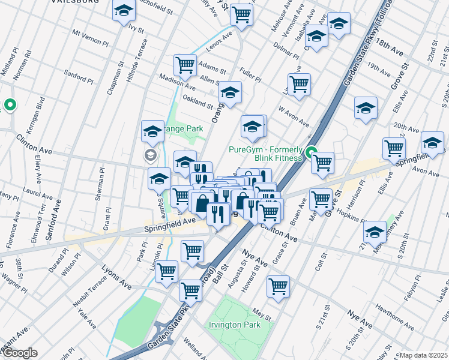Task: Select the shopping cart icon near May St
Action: (279, 287)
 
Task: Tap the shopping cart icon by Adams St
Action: (185, 65)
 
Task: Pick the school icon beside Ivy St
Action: (124, 11)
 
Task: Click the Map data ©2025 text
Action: (423, 355)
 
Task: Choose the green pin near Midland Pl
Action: (10, 106)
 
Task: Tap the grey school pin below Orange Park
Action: (149, 156)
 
